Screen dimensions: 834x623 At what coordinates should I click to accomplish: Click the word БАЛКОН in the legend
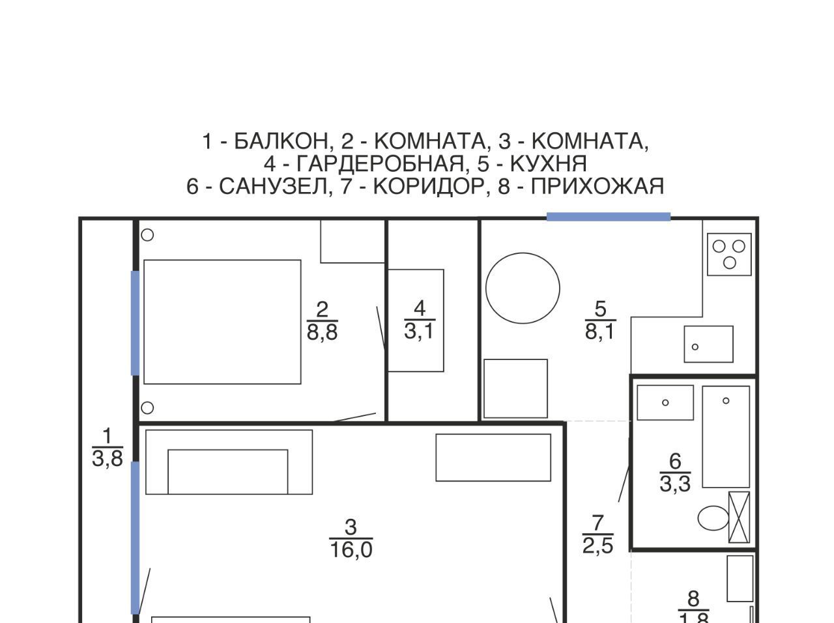coord(281,141)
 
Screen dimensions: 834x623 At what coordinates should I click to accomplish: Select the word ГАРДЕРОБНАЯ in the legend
coord(380,163)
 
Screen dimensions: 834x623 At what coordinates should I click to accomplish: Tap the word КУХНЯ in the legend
coord(548,163)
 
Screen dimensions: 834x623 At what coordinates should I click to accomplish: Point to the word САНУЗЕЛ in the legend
coord(273,186)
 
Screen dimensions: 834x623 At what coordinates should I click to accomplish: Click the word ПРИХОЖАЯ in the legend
coord(597,186)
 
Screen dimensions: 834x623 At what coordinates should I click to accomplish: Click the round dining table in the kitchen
coord(523,288)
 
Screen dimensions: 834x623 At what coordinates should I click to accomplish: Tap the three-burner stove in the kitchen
coord(728,255)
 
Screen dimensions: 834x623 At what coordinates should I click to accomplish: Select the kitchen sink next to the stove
coord(708,344)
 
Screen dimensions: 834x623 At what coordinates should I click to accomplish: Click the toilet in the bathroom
coord(713,518)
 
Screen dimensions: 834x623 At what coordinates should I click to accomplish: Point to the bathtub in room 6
coord(726,437)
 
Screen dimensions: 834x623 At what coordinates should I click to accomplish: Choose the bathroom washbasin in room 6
coord(665,403)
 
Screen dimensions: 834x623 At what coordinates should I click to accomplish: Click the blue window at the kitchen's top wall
coord(609,217)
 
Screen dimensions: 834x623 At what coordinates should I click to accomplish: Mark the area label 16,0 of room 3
coord(351,549)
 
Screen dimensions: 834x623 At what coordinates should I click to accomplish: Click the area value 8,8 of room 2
coord(323,332)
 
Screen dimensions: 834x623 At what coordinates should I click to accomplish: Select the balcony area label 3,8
coord(108,458)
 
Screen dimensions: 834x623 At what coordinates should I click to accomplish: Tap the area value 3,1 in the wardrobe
coord(419,331)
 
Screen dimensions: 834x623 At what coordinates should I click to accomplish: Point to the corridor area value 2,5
coord(597,546)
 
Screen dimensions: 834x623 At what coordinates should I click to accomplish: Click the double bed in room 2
coord(222,322)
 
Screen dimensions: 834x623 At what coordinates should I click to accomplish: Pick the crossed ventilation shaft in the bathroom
coord(739,517)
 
